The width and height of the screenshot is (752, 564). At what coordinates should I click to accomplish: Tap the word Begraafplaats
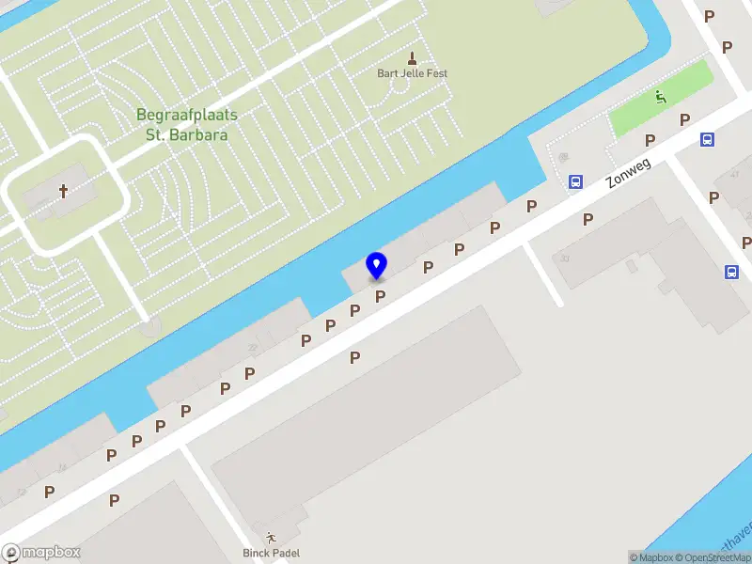187,115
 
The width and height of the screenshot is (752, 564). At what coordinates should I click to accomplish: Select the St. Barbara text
187,134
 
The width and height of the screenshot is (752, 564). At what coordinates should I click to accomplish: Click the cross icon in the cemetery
65,192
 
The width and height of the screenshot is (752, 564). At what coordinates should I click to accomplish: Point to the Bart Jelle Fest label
412,73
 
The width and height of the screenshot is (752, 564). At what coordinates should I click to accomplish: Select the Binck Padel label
271,554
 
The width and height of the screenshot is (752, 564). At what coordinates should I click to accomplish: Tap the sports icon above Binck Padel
271,538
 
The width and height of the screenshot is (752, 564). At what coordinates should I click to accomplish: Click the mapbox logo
41,553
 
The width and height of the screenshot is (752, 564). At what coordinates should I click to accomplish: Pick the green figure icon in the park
662,96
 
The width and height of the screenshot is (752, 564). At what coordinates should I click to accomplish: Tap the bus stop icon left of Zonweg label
574,182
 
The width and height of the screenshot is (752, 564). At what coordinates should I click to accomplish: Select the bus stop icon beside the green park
707,140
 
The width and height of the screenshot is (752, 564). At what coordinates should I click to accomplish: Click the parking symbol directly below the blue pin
381,296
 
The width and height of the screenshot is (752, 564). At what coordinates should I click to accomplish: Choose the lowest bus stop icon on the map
731,273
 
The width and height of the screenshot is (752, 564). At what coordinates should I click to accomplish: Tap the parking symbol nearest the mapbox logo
49,492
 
